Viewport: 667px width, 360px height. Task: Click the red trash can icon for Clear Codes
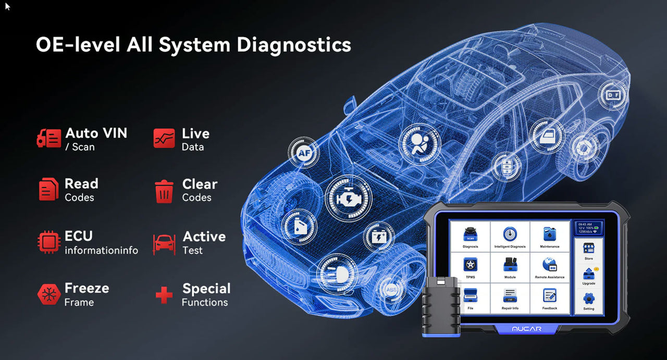click(x=164, y=191)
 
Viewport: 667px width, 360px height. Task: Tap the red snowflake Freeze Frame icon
click(x=48, y=295)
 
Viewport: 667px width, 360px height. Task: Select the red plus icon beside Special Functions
click(x=164, y=295)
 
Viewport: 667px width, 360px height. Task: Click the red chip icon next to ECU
click(x=48, y=242)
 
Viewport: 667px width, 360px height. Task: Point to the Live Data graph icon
click(x=164, y=139)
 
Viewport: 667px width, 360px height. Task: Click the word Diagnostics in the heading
click(x=293, y=45)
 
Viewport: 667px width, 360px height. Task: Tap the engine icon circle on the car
click(x=349, y=198)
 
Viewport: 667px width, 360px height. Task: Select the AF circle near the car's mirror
click(x=304, y=153)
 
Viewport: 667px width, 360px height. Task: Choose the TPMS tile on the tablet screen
click(x=470, y=267)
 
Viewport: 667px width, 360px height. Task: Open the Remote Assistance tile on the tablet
click(x=550, y=267)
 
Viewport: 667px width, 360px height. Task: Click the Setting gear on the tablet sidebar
click(x=588, y=300)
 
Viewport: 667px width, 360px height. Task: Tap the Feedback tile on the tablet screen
click(x=550, y=298)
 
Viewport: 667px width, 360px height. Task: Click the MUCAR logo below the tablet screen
click(x=526, y=329)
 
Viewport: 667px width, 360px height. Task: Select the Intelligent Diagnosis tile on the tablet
click(x=510, y=237)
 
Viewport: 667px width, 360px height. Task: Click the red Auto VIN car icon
click(x=48, y=139)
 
